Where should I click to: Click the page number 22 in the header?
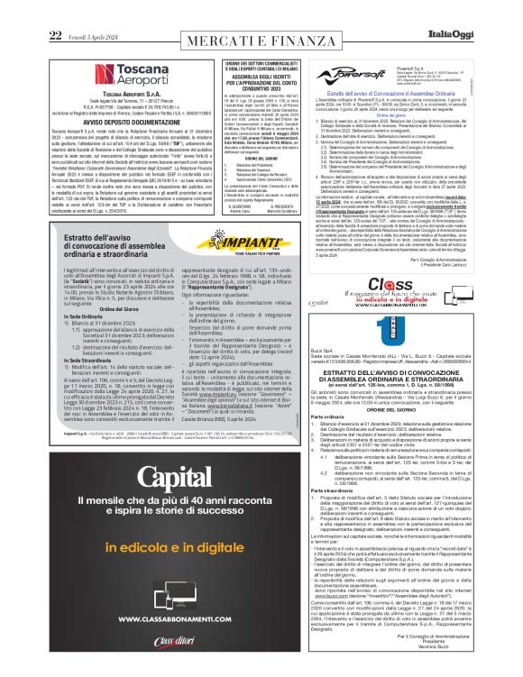pyautogui.click(x=55, y=10)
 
